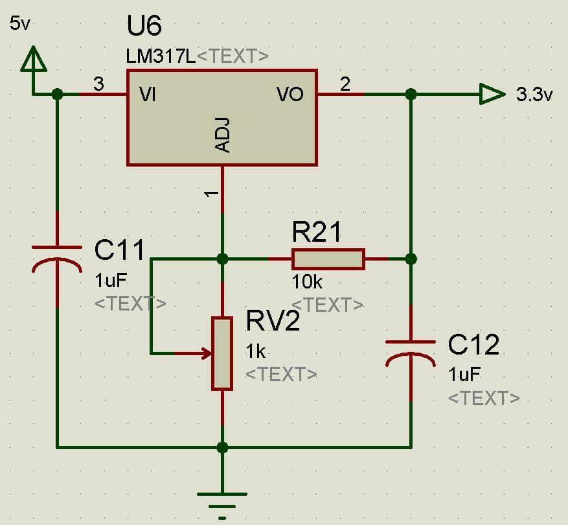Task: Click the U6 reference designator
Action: [144, 27]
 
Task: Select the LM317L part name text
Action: [161, 56]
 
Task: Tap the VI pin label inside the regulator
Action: [148, 95]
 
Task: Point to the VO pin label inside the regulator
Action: [290, 95]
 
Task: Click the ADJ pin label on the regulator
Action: [222, 135]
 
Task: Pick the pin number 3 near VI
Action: [98, 84]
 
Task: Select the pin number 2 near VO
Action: [345, 84]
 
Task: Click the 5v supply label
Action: [20, 24]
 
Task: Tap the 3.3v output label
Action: [534, 95]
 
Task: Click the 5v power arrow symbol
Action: [34, 61]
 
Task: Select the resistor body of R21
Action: [328, 259]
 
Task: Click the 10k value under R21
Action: [306, 282]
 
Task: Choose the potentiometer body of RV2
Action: [222, 353]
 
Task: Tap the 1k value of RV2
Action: [255, 351]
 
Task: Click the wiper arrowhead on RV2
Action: [207, 353]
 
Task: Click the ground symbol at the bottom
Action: [222, 502]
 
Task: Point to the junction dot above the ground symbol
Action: [222, 447]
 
